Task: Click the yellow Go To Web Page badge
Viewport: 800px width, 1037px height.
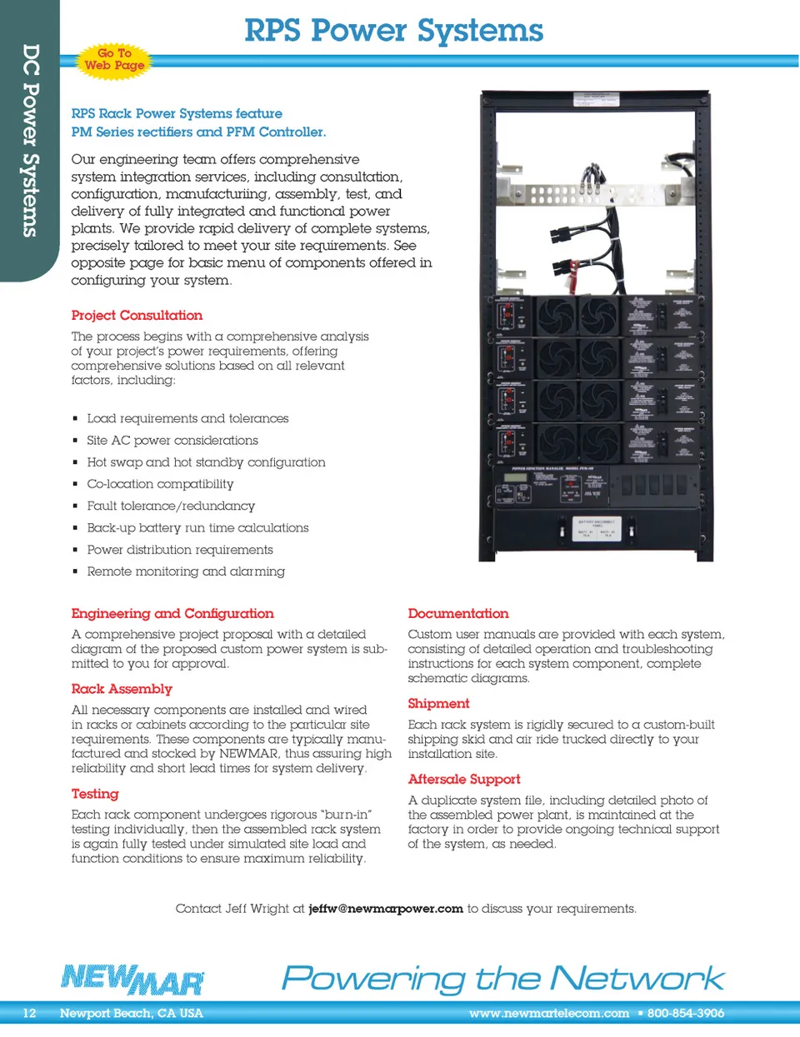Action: tap(114, 59)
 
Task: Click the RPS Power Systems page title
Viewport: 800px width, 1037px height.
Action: tap(393, 31)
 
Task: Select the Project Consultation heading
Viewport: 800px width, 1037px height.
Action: tap(137, 315)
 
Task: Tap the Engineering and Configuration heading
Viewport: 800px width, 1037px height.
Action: tap(172, 613)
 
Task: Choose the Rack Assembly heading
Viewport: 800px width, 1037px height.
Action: tap(122, 689)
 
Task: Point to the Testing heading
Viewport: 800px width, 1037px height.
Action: tap(95, 794)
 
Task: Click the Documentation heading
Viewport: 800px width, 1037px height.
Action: tap(458, 613)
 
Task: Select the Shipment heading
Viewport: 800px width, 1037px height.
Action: tap(438, 703)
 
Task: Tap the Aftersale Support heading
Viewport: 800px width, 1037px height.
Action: tap(464, 779)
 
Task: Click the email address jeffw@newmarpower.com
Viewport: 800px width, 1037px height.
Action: tap(386, 909)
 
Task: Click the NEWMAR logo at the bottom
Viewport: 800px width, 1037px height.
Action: tap(132, 980)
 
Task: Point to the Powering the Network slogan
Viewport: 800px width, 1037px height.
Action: tap(503, 978)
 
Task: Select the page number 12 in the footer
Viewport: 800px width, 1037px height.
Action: tap(29, 1014)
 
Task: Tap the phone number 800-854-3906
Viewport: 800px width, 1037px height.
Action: tap(686, 1014)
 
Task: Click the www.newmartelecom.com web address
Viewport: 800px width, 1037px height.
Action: tap(549, 1014)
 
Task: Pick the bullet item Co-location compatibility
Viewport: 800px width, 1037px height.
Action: tap(160, 484)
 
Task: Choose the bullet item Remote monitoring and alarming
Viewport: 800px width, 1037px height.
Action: tap(186, 571)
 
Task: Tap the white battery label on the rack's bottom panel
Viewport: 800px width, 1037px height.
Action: tap(597, 528)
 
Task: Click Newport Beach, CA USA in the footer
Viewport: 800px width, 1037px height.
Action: tap(132, 1014)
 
